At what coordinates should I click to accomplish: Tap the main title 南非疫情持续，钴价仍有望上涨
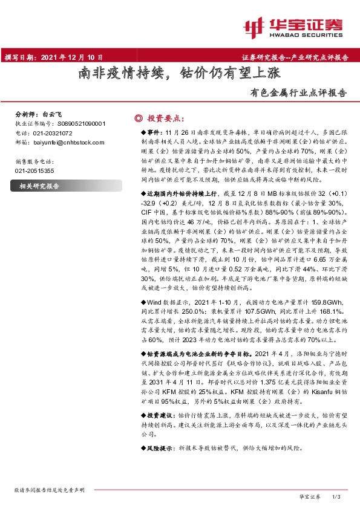click(x=180, y=74)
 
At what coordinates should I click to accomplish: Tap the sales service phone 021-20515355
click(x=34, y=171)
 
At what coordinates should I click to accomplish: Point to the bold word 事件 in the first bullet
click(x=154, y=131)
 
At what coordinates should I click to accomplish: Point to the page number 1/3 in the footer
click(x=337, y=496)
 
